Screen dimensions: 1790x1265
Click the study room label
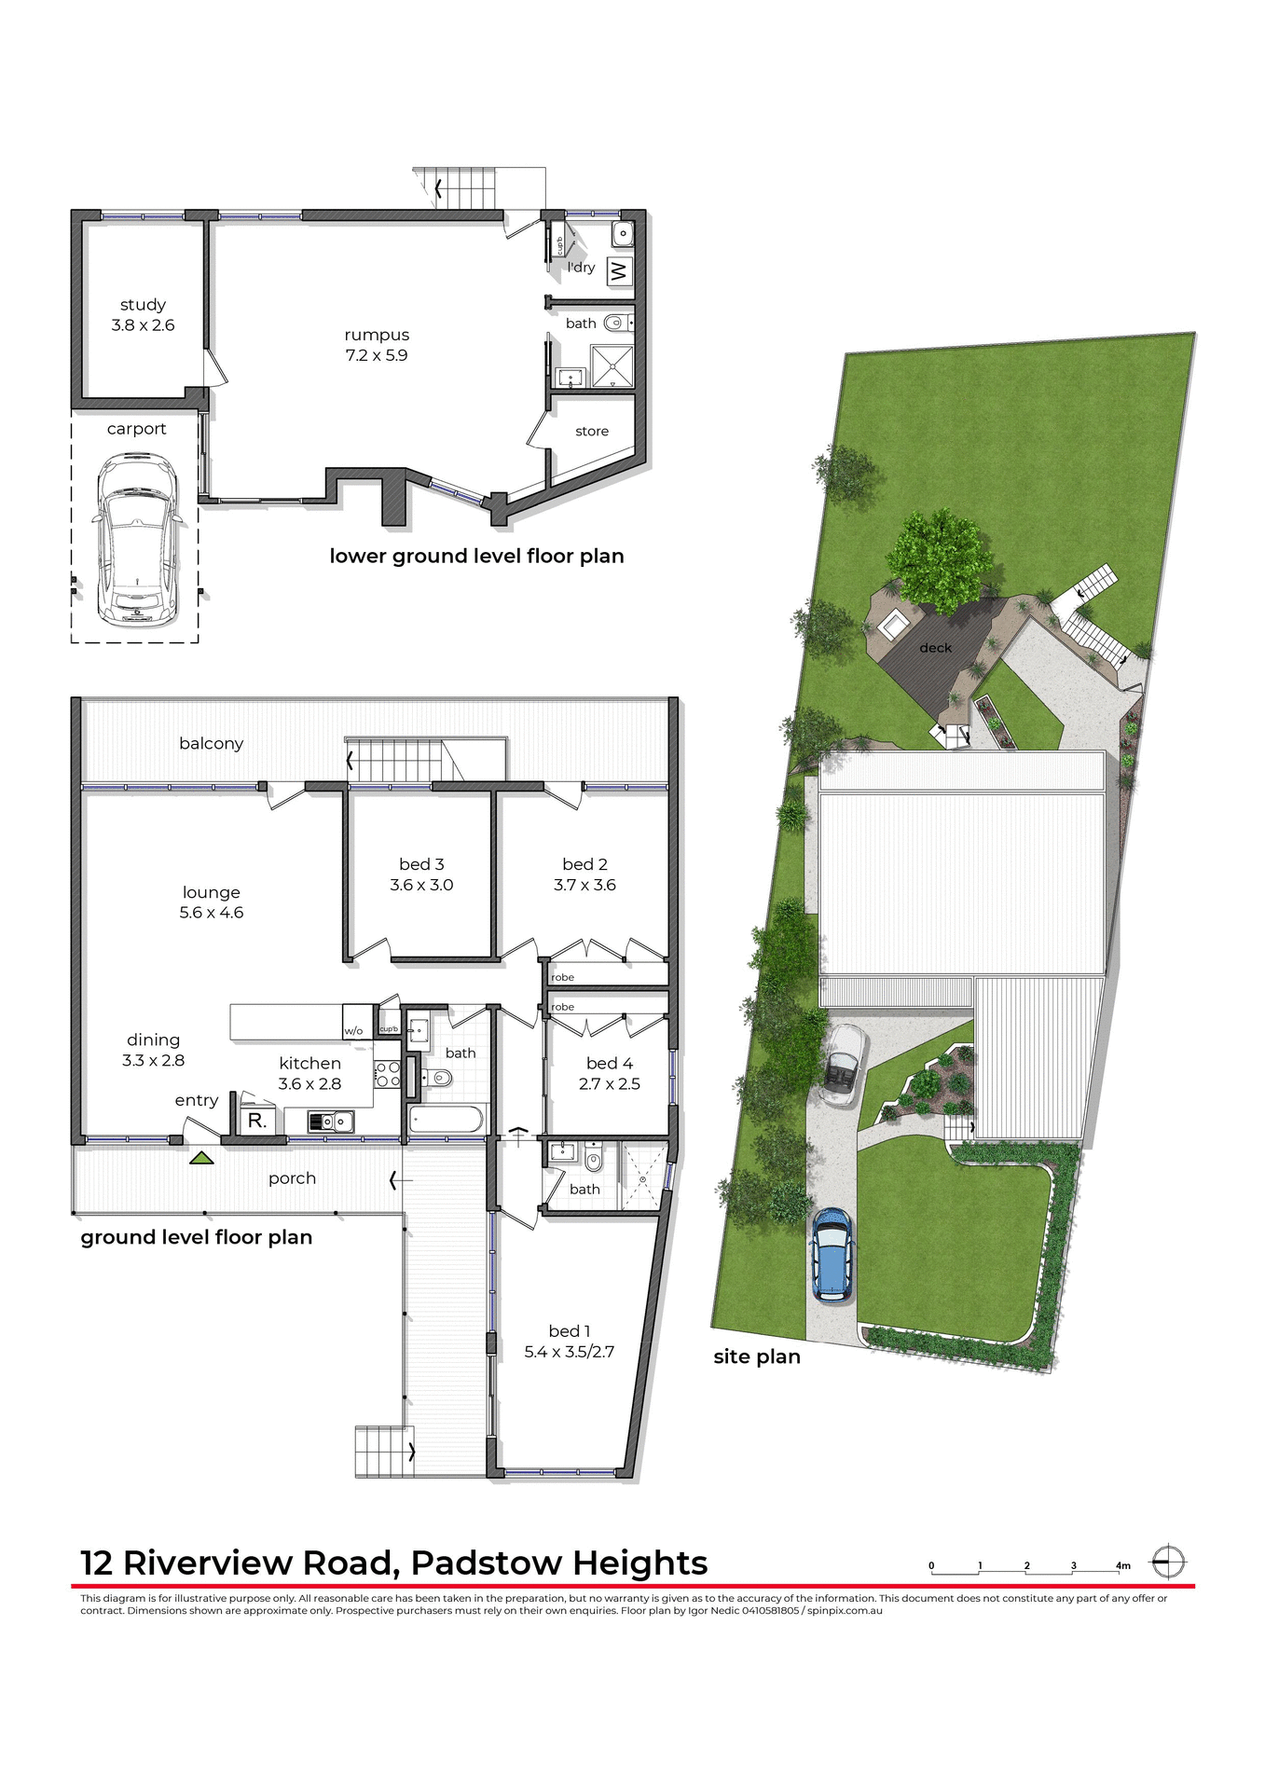click(x=143, y=305)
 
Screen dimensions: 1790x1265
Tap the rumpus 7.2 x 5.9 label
click(x=377, y=345)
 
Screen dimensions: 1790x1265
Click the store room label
click(x=592, y=431)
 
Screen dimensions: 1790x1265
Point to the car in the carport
click(x=136, y=539)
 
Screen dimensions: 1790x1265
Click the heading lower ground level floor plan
click(x=476, y=556)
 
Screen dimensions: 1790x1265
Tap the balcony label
click(x=212, y=743)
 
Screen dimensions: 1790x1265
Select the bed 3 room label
click(x=421, y=864)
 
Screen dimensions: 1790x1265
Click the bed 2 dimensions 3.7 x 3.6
click(x=584, y=885)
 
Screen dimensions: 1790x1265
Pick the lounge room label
click(x=212, y=892)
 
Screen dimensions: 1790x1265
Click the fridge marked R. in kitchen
click(x=257, y=1121)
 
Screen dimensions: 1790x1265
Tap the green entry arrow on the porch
click(x=202, y=1158)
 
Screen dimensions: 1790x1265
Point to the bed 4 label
click(x=610, y=1063)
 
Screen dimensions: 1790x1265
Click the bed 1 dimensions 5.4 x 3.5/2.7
click(x=569, y=1352)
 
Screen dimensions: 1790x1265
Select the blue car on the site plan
click(x=831, y=1254)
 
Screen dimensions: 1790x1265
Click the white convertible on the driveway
click(x=843, y=1064)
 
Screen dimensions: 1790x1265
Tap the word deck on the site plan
click(x=935, y=648)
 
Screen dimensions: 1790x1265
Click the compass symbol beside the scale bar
click(x=1167, y=1562)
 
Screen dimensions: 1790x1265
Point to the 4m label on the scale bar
click(x=1122, y=1565)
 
